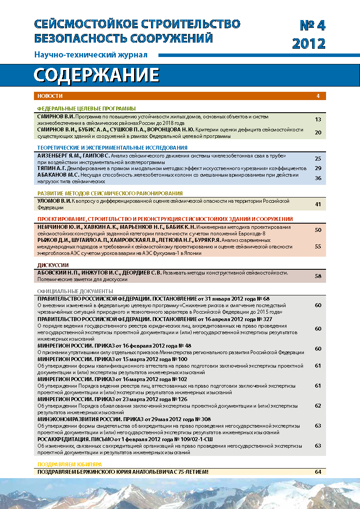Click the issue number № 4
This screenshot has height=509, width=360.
(313, 26)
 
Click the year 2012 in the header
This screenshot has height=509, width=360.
(309, 44)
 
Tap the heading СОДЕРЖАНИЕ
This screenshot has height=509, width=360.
(96, 75)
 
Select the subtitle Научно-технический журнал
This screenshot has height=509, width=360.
(91, 55)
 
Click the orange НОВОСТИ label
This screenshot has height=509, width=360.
(50, 96)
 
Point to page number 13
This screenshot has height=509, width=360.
(318, 119)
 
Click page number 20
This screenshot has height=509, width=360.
(318, 133)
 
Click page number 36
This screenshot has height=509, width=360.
(318, 178)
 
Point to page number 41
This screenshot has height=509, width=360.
(318, 204)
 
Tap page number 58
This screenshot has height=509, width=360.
(318, 276)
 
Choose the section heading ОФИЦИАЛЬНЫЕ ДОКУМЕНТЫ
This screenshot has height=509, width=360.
(75, 291)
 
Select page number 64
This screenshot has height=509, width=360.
(318, 472)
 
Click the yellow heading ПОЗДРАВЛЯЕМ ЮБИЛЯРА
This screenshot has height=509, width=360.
(69, 464)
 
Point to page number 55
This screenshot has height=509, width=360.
(318, 246)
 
